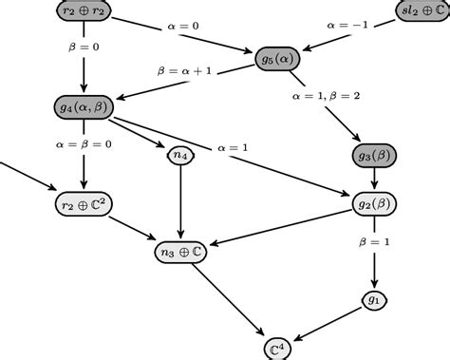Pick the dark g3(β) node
(x=376, y=155)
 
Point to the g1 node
(x=375, y=301)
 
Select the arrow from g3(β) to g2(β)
(x=375, y=179)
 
